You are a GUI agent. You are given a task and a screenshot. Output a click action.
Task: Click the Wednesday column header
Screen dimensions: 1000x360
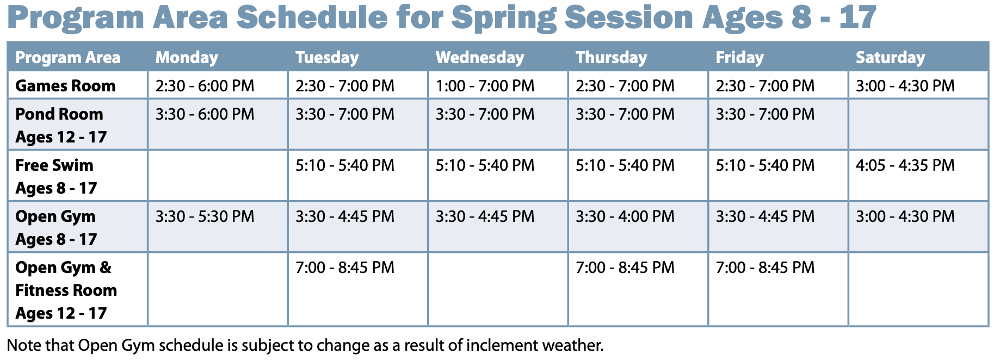click(479, 58)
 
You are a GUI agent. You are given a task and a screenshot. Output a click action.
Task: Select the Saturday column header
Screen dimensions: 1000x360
click(890, 58)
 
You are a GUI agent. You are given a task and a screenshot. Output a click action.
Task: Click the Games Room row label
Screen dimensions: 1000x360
click(65, 86)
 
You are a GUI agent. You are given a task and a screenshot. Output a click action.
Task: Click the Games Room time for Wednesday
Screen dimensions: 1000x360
click(485, 86)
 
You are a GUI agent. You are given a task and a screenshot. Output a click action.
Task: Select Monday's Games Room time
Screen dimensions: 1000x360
click(205, 86)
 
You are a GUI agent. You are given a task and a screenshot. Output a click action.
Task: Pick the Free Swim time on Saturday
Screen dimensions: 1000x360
click(905, 165)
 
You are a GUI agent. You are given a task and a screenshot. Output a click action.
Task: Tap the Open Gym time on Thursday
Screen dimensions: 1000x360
click(625, 216)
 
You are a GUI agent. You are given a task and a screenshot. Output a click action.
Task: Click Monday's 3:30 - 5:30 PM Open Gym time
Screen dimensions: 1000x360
click(205, 216)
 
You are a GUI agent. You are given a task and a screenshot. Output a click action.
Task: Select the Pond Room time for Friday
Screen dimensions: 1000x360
click(765, 114)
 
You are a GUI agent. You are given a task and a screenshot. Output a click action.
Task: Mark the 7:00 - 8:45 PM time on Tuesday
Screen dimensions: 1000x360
click(345, 268)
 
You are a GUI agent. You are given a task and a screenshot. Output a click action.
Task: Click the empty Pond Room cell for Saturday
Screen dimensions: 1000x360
click(918, 124)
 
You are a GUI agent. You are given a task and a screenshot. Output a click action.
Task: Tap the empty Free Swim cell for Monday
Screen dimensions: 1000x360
click(218, 175)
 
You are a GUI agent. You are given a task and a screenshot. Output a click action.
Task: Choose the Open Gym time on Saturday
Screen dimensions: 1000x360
click(905, 216)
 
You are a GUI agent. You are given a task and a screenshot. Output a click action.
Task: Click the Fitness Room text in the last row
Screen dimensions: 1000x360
click(66, 290)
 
